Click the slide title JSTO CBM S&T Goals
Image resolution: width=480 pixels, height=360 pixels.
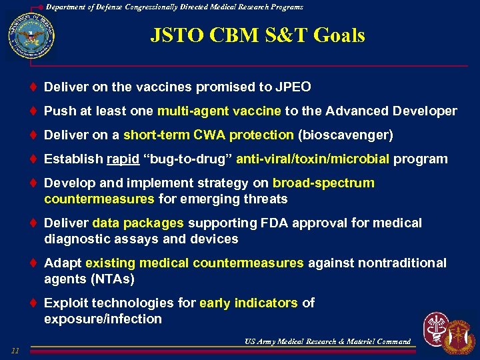pos(257,35)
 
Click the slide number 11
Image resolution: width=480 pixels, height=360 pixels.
pos(15,351)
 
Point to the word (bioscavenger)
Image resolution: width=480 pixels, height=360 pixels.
pos(345,135)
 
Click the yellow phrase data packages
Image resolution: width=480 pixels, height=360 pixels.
pos(138,223)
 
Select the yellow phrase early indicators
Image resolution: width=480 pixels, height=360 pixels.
pos(248,303)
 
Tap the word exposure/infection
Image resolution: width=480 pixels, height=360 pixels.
pos(103,319)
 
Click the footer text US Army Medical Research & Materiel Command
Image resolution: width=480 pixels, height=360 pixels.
pos(327,341)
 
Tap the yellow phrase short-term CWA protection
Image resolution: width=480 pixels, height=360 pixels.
pos(208,135)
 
